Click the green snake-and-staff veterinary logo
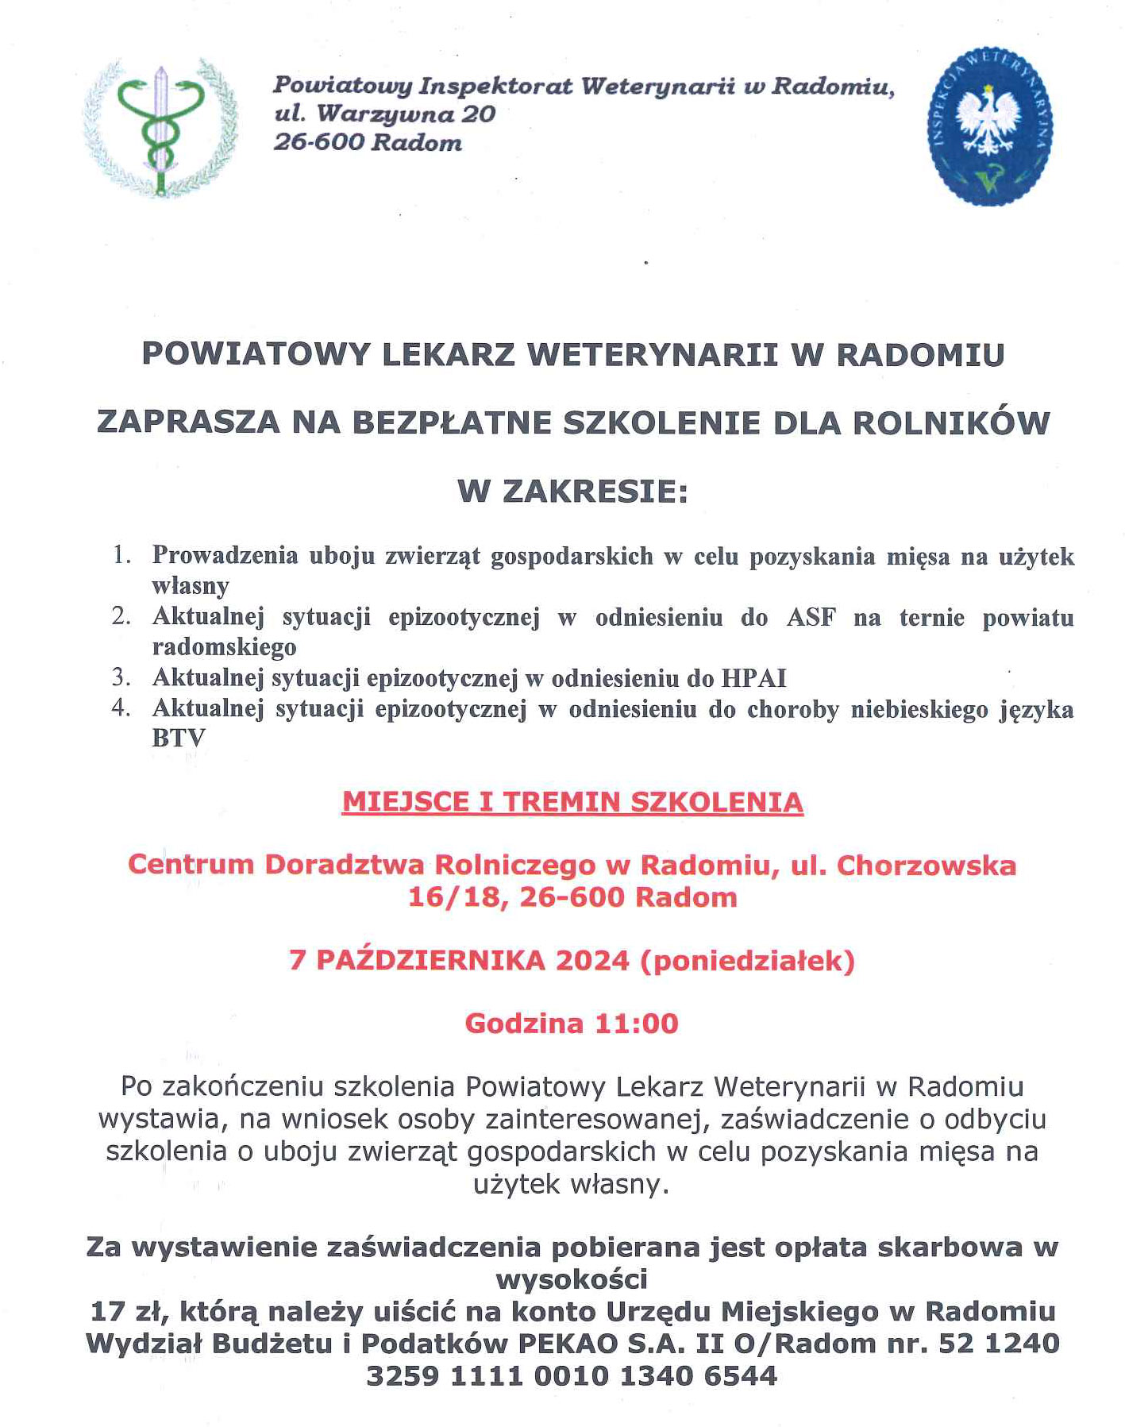pyautogui.click(x=160, y=128)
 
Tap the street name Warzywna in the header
pyautogui.click(x=383, y=114)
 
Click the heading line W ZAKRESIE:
pyautogui.click(x=572, y=492)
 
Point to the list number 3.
pyautogui.click(x=121, y=677)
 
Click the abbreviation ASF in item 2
pyautogui.click(x=811, y=617)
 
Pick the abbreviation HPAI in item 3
pyautogui.click(x=753, y=678)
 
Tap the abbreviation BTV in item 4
pyautogui.click(x=179, y=738)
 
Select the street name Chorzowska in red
pyautogui.click(x=926, y=865)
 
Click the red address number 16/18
pyautogui.click(x=453, y=897)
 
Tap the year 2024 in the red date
pyautogui.click(x=592, y=961)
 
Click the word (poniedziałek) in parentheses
pyautogui.click(x=747, y=961)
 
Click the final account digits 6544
pyautogui.click(x=738, y=1375)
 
